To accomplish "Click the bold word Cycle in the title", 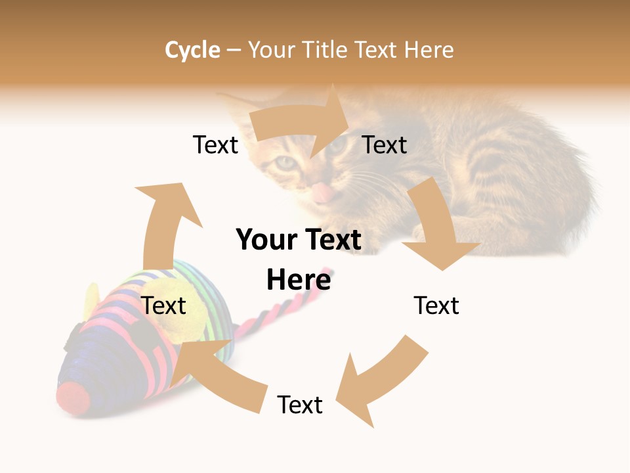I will click(192, 50).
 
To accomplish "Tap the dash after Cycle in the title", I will click(234, 51).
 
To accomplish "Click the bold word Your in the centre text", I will click(263, 240).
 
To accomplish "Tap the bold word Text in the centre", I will click(334, 240).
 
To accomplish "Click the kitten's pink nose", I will click(321, 192).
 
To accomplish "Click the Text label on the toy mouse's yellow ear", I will click(163, 305).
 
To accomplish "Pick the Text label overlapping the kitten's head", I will click(385, 145).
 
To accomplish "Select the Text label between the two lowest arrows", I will click(300, 405).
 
